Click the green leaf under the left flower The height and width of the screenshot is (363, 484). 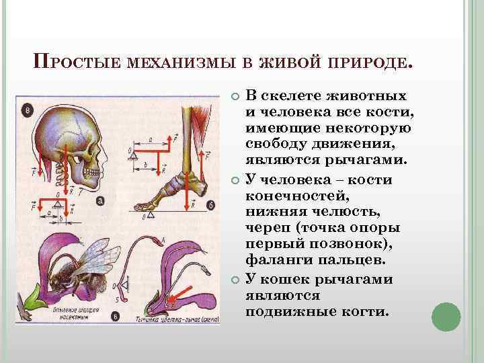point(31,299)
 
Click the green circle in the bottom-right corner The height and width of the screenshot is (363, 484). point(446,316)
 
